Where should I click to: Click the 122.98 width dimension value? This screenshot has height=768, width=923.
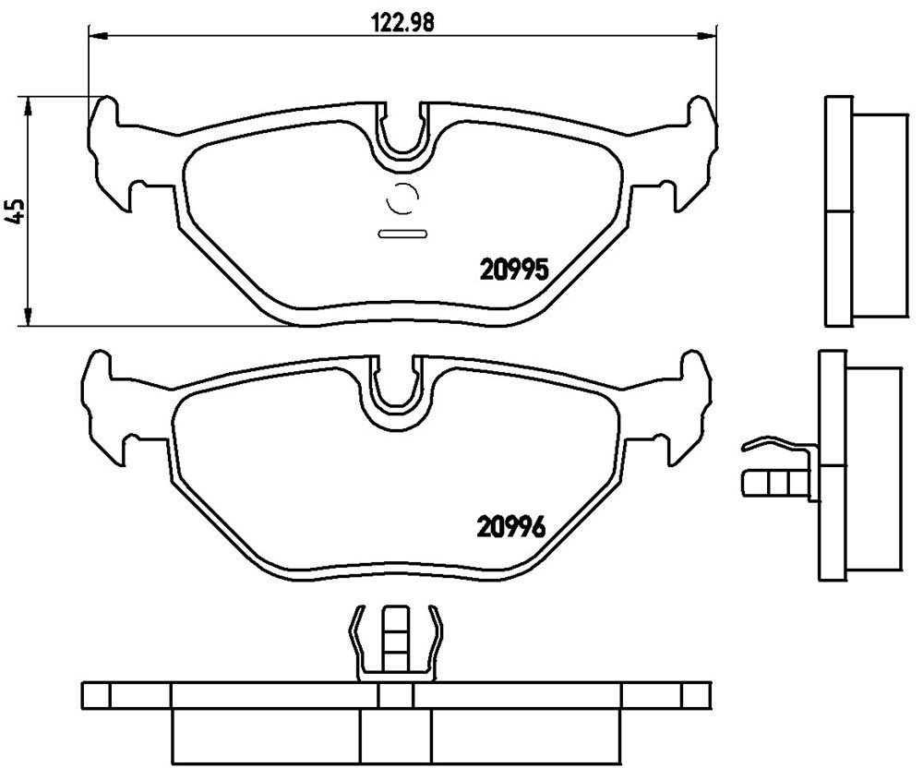pyautogui.click(x=403, y=22)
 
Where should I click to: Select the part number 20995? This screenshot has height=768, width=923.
pyautogui.click(x=515, y=270)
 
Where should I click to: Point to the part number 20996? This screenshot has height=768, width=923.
pyautogui.click(x=511, y=526)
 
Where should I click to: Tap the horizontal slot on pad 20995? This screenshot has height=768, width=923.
pyautogui.click(x=402, y=234)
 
